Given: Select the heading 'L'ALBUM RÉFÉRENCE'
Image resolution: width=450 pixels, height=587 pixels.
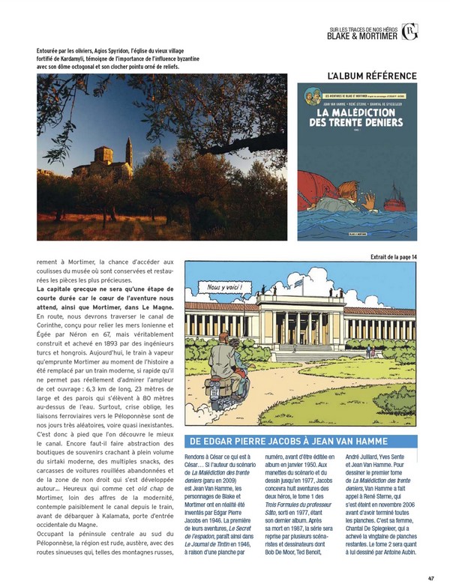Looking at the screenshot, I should pos(373,76).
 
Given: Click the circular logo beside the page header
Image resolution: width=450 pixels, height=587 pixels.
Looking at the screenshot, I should pos(409,31).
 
